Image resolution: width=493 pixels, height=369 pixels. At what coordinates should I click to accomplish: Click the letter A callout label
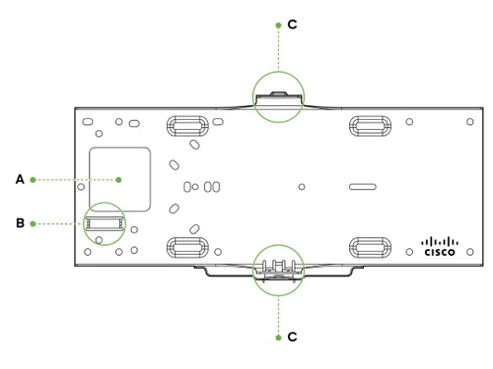(x=20, y=179)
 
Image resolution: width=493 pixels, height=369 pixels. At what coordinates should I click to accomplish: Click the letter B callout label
(x=20, y=223)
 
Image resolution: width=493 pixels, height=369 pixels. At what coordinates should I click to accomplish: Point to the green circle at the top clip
(x=278, y=96)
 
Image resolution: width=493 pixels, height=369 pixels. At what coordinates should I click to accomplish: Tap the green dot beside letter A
(x=35, y=179)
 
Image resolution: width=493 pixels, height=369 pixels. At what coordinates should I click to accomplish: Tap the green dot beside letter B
(x=35, y=223)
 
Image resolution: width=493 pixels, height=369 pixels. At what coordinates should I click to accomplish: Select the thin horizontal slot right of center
(x=361, y=185)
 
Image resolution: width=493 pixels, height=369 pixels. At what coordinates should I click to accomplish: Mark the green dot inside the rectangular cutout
(x=118, y=179)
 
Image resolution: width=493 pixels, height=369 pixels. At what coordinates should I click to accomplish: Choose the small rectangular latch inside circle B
(x=102, y=222)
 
